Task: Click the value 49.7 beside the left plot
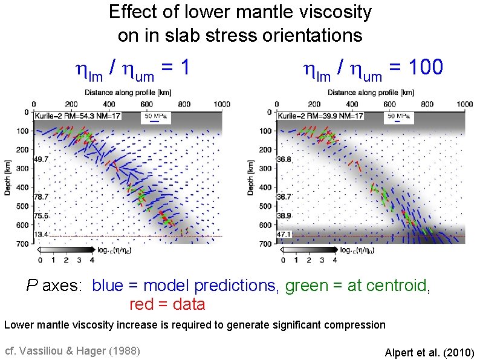[x=41, y=160]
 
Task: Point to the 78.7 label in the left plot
[x=41, y=197]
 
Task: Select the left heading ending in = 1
[x=132, y=68]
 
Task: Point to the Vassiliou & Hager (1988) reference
[x=72, y=351]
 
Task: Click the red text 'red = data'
[x=167, y=304]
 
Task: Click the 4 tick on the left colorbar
[x=92, y=261]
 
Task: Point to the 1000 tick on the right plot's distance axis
[x=464, y=104]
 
